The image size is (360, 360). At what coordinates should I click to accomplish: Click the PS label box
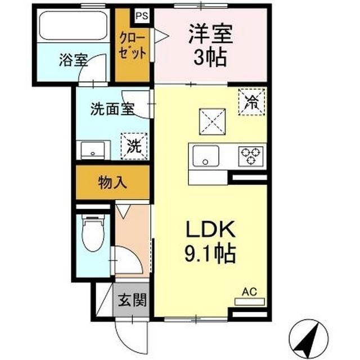[x=141, y=15]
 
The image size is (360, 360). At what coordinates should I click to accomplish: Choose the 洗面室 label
[x=112, y=109]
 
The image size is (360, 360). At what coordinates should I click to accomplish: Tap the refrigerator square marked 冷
[x=253, y=102]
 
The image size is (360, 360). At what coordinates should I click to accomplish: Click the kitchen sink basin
[x=205, y=155]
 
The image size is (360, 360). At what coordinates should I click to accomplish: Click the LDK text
[x=210, y=230]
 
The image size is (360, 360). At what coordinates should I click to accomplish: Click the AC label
[x=249, y=291]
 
